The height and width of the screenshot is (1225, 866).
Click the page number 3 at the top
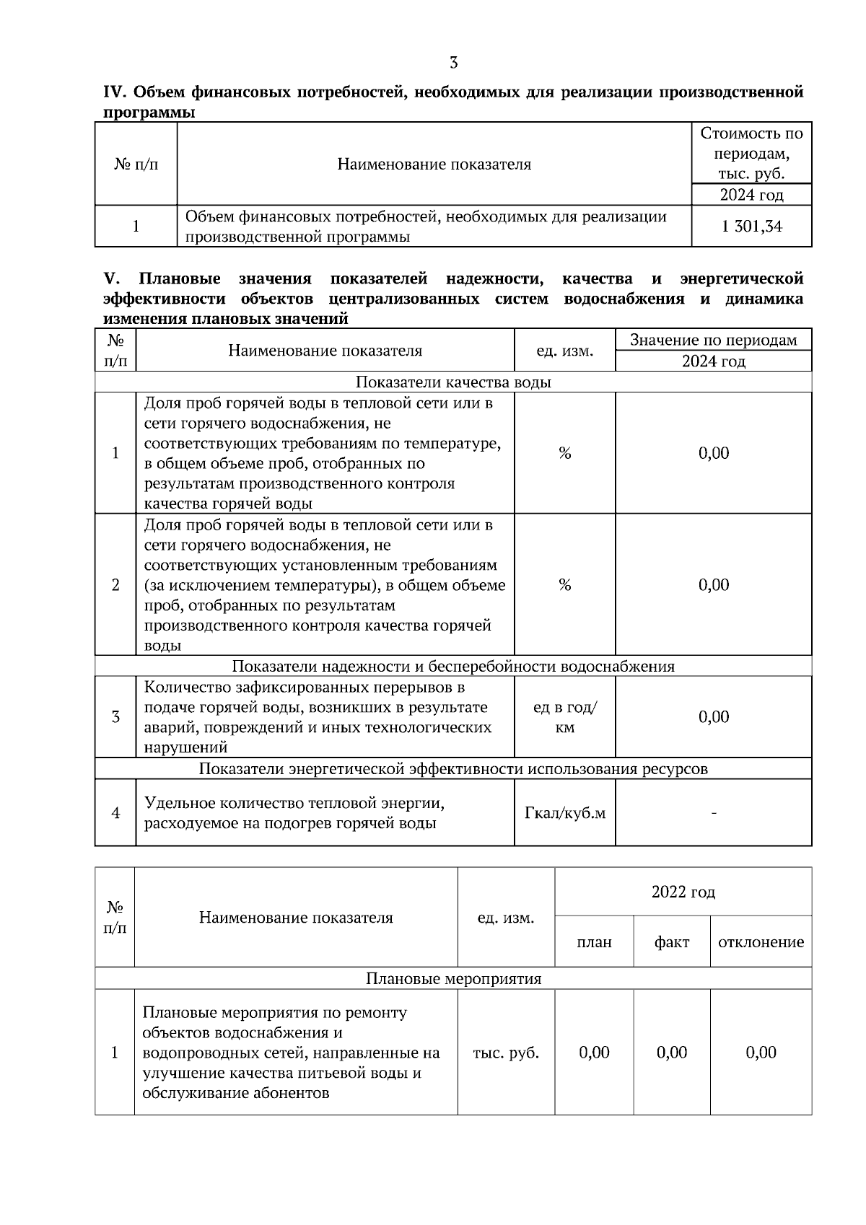[x=453, y=63]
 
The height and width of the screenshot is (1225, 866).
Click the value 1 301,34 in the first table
[x=751, y=227]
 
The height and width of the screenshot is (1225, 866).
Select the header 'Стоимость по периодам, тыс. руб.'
[x=751, y=153]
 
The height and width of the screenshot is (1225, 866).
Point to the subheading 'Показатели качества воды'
[x=453, y=382]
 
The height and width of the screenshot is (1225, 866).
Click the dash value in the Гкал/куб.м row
[x=714, y=813]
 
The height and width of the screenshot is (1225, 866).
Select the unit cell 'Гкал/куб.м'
[x=564, y=813]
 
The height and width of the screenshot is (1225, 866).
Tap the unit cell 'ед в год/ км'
[x=564, y=717]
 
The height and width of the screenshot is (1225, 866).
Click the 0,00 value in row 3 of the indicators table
[x=714, y=716]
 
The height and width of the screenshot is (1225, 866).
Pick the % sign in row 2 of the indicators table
[x=564, y=585]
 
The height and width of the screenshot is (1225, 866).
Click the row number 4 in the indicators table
[x=115, y=813]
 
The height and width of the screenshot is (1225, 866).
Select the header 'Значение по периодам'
[x=714, y=340]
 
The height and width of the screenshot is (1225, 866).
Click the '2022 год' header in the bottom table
[x=683, y=892]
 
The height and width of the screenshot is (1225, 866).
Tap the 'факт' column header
[x=671, y=942]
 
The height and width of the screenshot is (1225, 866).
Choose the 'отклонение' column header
[x=761, y=942]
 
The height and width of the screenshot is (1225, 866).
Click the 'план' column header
[x=594, y=942]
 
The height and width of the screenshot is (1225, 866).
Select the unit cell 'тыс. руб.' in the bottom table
[x=506, y=1053]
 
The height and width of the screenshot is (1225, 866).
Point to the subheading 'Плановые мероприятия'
[x=453, y=979]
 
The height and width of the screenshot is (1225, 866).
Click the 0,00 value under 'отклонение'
[x=761, y=1053]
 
